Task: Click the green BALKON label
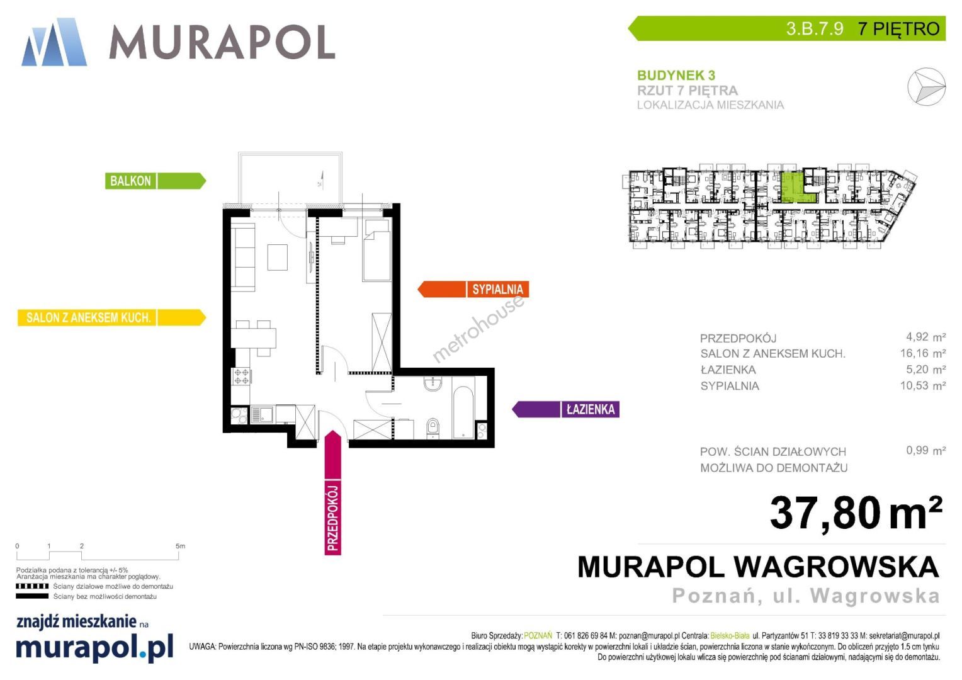156,181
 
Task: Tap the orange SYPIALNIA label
473,290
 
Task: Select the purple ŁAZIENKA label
565,409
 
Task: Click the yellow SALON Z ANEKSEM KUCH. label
111,317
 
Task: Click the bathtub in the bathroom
463,412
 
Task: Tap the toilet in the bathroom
433,428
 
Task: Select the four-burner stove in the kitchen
241,377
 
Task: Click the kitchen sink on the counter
261,414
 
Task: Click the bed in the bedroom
377,250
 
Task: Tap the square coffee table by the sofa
278,257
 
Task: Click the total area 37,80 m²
856,513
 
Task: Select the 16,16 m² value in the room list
923,353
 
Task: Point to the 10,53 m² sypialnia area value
923,385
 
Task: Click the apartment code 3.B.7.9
815,29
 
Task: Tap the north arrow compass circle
926,86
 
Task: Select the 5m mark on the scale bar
180,546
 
